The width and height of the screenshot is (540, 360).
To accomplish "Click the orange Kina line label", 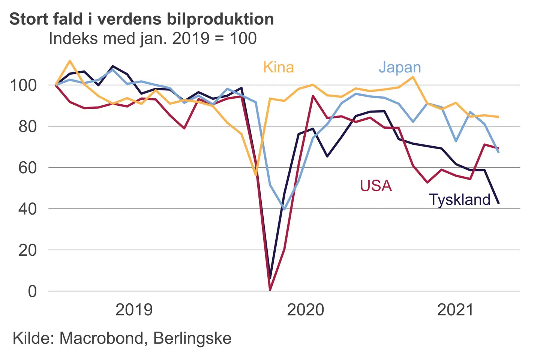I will coord(278,67).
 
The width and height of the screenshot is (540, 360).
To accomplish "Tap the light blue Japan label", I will coord(400,67).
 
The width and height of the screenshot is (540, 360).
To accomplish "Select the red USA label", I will coord(376,186).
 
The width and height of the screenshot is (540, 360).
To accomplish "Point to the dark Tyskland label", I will coord(459,199).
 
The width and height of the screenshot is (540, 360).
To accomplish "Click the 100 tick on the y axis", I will coord(23,85).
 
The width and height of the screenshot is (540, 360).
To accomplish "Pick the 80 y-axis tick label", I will coord(28,127).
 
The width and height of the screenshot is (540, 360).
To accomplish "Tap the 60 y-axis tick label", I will coord(28,168).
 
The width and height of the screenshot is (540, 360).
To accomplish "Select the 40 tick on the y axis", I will coord(28,209).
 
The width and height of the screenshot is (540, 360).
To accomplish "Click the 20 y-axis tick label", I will coord(28,250).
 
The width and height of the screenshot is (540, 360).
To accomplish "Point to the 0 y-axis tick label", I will coord(33,291).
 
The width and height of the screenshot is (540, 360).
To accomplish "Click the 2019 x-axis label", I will coord(134,310).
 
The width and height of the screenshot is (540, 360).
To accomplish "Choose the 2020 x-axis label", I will coord(305,310).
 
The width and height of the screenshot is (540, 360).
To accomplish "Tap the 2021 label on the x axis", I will coord(456,310).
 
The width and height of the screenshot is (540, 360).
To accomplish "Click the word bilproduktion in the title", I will coord(220,19).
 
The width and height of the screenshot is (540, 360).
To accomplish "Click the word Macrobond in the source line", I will coord(101,338).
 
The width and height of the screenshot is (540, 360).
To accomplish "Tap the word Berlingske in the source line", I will coord(192,338).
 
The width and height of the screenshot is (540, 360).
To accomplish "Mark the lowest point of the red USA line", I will coord(270,290).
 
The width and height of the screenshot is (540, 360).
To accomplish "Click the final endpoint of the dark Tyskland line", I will coord(498,203).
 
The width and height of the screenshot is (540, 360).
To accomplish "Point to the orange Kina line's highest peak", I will coord(70,61).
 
